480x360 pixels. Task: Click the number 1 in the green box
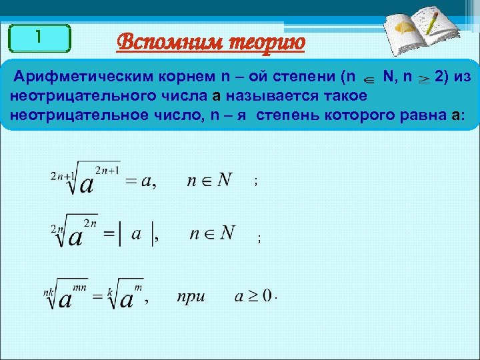pyautogui.click(x=39, y=38)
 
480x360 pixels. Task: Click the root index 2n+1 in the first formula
pyautogui.click(x=62, y=175)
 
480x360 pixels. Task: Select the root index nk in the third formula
pyautogui.click(x=48, y=293)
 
